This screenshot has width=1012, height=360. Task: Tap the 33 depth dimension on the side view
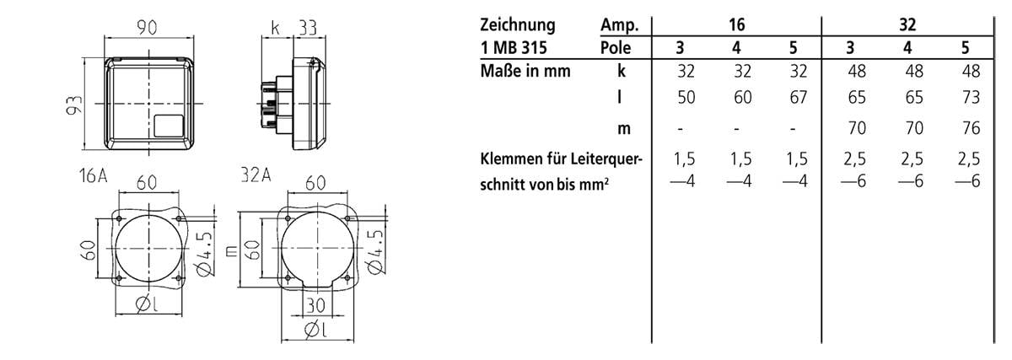click(x=306, y=28)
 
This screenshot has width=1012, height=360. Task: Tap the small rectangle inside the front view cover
click(x=170, y=125)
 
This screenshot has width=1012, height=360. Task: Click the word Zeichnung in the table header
click(x=519, y=24)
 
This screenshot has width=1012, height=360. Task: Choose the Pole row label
click(x=616, y=47)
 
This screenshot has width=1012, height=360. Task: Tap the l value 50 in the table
click(x=686, y=98)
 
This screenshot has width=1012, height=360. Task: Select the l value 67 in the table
click(x=798, y=98)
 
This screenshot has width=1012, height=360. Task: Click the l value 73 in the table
click(x=971, y=98)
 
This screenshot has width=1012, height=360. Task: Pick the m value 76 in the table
click(x=971, y=129)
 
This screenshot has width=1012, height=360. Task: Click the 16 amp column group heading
click(x=737, y=24)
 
